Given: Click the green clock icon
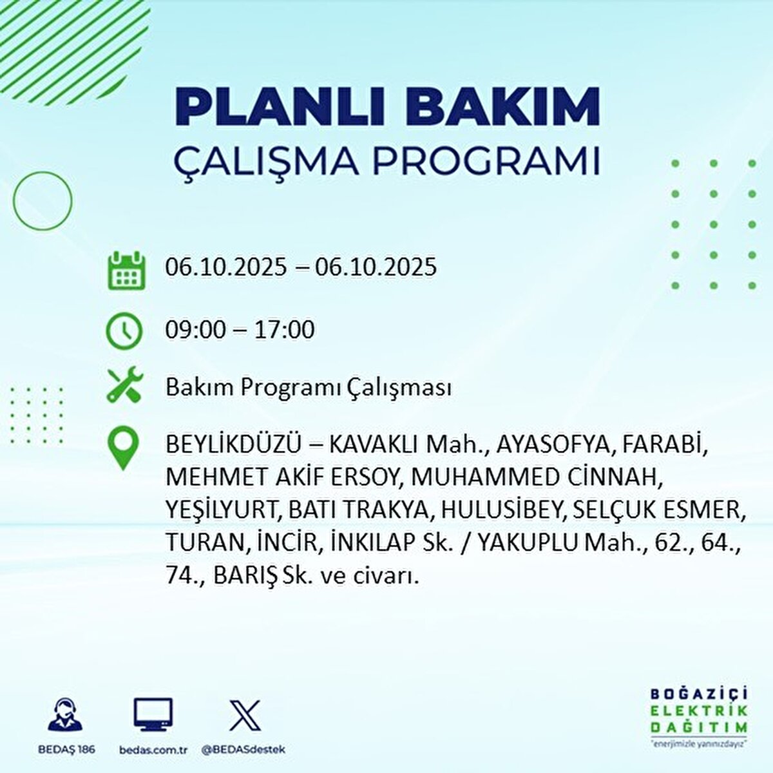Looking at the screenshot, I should (124, 331).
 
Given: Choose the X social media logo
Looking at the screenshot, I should (245, 715).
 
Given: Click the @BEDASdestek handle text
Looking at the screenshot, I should (243, 750).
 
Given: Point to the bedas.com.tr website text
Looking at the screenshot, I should (153, 750).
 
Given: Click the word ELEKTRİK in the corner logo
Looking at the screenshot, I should (699, 711).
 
